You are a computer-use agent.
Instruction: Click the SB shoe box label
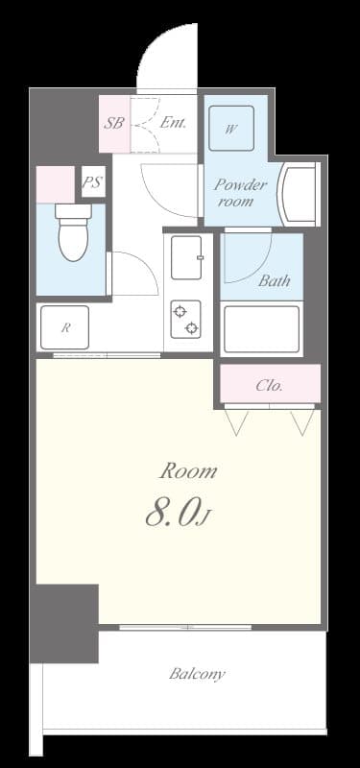pos(112,123)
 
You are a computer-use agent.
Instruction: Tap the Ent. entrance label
pos(174,123)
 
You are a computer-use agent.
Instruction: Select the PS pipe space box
pos(92,181)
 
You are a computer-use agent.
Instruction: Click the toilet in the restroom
pos(72,231)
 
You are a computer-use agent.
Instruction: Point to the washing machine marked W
pos(231,128)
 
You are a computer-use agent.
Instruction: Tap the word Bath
pos(274,281)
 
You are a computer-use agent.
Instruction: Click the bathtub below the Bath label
pos(262,329)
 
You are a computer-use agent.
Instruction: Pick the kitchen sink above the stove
pos(186,257)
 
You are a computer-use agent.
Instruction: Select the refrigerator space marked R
pos(64,327)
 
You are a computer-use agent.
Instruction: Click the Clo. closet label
pos(270,386)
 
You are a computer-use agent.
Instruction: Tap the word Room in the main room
pos(187,471)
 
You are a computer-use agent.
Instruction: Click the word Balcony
pos(197,673)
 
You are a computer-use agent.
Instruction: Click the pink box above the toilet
pos(55,183)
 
